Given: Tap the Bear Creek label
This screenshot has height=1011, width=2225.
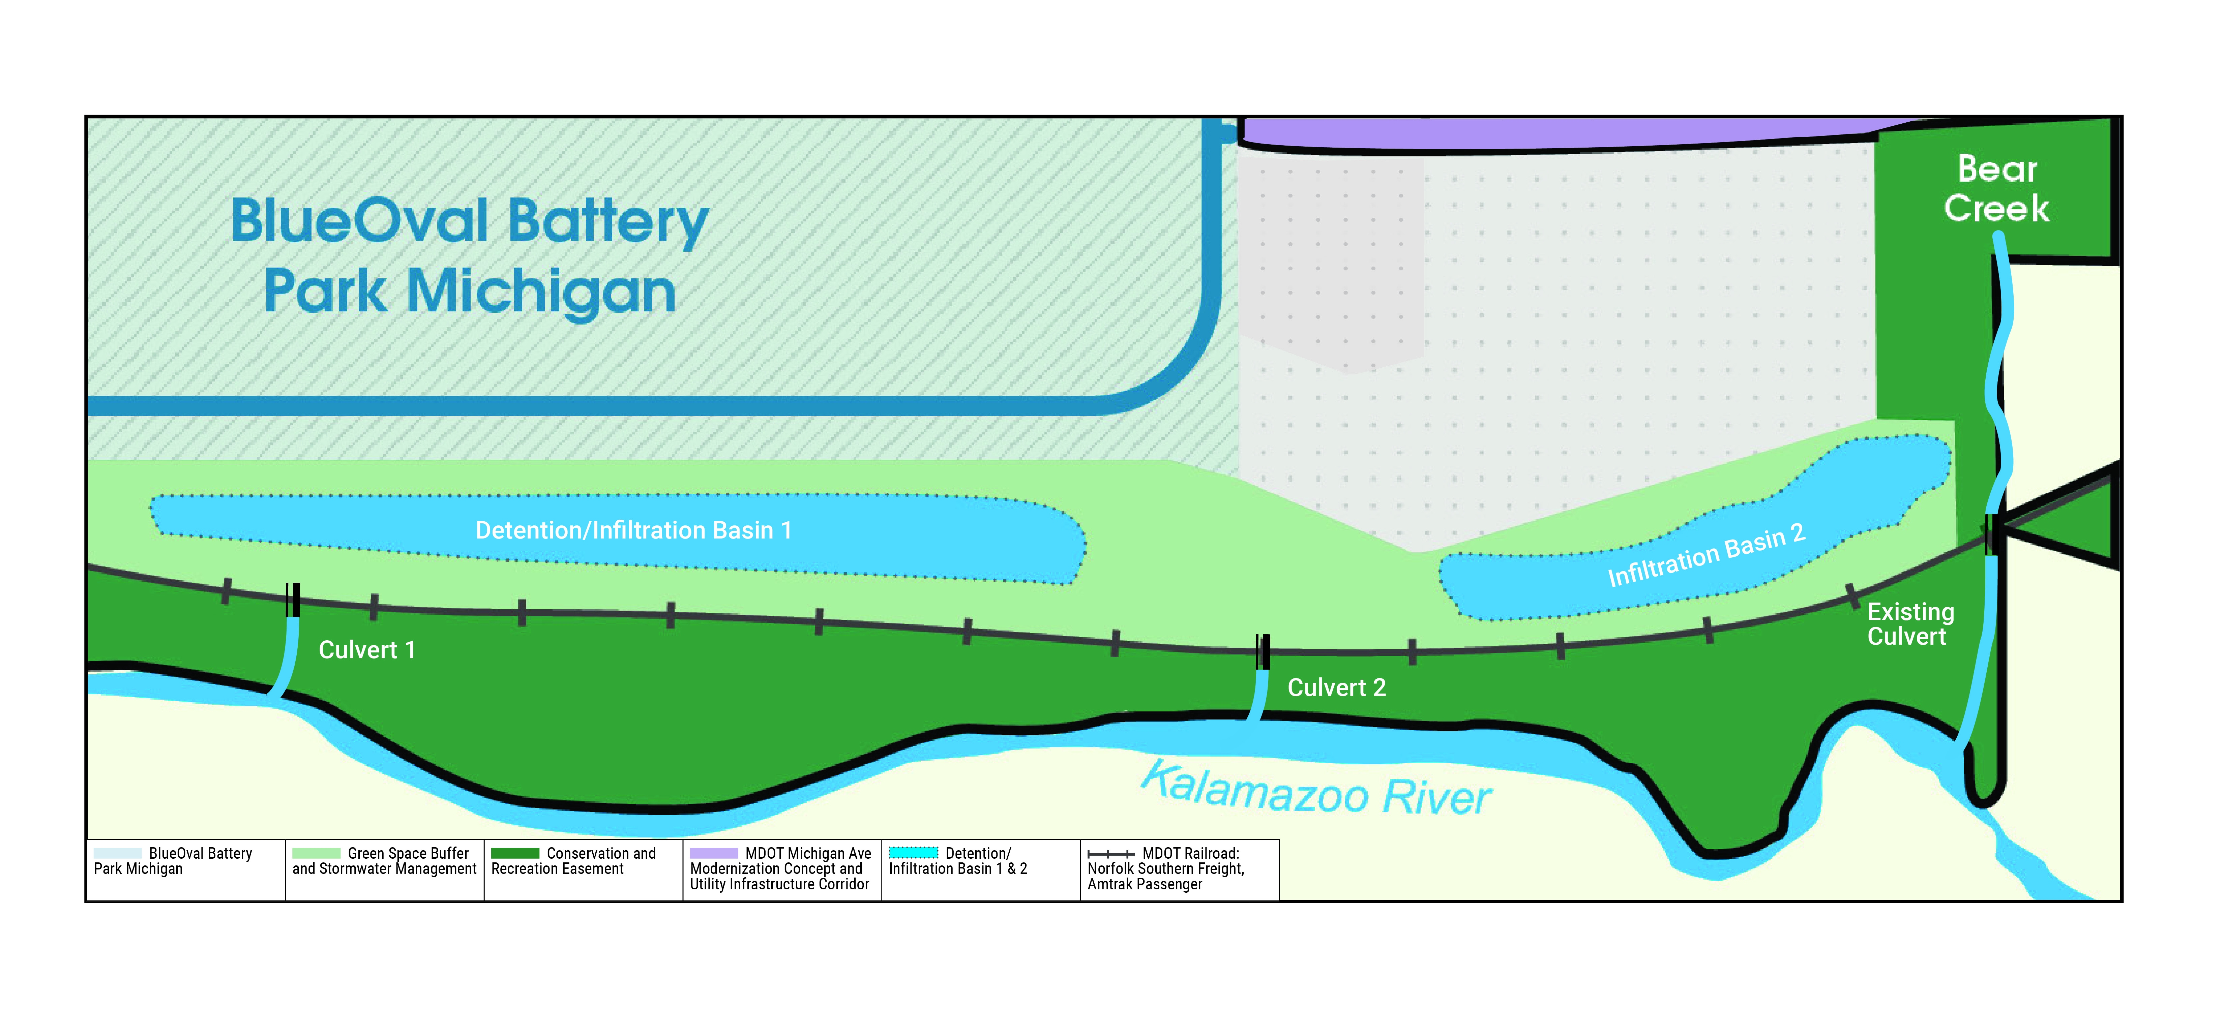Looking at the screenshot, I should coord(1996,188).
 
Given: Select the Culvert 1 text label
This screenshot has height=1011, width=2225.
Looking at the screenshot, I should coord(367,650).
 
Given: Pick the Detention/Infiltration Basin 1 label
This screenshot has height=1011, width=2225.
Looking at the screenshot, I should coord(633,530).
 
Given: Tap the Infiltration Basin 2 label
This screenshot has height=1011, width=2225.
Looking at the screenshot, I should coord(1706,555).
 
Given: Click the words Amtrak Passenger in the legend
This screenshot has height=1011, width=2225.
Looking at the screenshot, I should coord(1145,884).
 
